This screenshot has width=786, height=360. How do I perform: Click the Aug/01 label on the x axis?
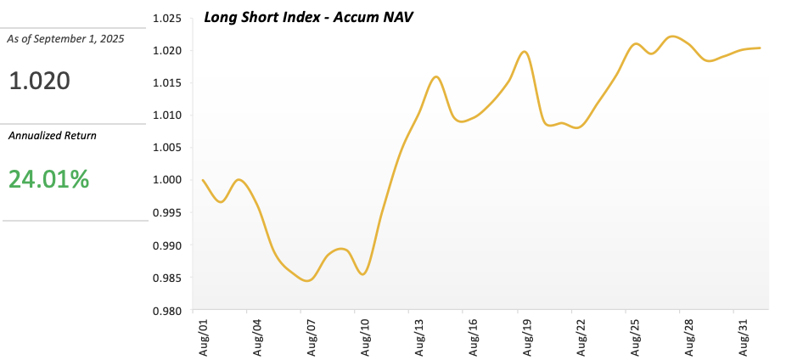pyautogui.click(x=203, y=337)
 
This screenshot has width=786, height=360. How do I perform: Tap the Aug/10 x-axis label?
pyautogui.click(x=366, y=337)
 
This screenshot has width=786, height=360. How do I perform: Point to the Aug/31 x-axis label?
pyautogui.click(x=744, y=337)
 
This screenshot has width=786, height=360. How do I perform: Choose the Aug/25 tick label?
pyautogui.click(x=636, y=337)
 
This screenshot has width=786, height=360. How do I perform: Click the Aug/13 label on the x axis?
pyautogui.click(x=419, y=337)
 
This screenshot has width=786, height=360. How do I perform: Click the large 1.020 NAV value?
pyautogui.click(x=39, y=82)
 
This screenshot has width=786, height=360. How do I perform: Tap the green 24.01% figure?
pyautogui.click(x=48, y=178)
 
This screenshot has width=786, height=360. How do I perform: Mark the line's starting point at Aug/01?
pyautogui.click(x=203, y=180)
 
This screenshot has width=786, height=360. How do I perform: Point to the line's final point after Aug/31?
pyautogui.click(x=760, y=48)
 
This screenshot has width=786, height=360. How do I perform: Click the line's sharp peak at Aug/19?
pyautogui.click(x=525, y=52)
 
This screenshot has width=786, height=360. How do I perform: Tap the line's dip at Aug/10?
pyautogui.click(x=362, y=274)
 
